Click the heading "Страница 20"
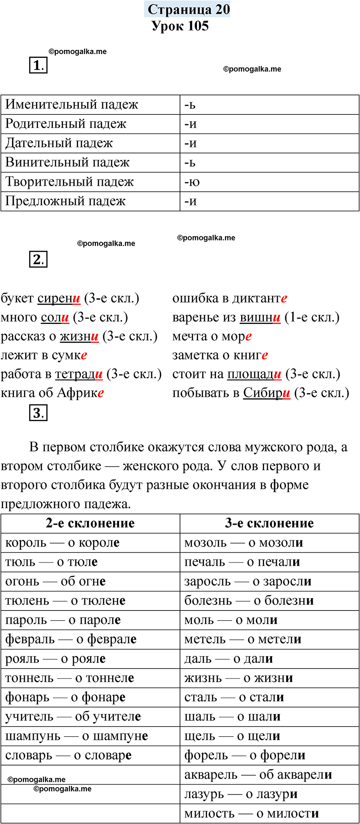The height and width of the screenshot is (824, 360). pyautogui.click(x=188, y=9)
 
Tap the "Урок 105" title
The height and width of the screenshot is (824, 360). pyautogui.click(x=180, y=26)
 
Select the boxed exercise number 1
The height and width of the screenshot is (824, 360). pyautogui.click(x=38, y=65)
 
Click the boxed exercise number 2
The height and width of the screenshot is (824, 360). pyautogui.click(x=38, y=259)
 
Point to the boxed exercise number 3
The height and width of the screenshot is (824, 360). pyautogui.click(x=38, y=413)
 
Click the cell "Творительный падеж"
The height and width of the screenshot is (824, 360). pyautogui.click(x=69, y=182)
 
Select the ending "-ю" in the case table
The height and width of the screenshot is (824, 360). pyautogui.click(x=192, y=182)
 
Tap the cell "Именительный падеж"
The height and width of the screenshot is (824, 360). pyautogui.click(x=72, y=105)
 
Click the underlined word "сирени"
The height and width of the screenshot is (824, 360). pyautogui.click(x=59, y=298)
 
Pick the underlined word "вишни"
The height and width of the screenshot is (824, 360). pyautogui.click(x=260, y=317)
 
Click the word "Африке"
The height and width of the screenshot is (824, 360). pyautogui.click(x=80, y=393)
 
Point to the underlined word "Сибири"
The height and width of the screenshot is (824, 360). pyautogui.click(x=267, y=393)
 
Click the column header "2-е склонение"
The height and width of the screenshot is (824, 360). pyautogui.click(x=90, y=523)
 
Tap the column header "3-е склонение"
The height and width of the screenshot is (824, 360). pyautogui.click(x=269, y=523)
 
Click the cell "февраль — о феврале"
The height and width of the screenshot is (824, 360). pyautogui.click(x=71, y=639)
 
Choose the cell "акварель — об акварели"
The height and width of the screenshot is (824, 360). pyautogui.click(x=258, y=774)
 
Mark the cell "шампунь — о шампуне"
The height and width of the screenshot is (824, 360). pyautogui.click(x=76, y=736)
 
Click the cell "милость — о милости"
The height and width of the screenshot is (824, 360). pyautogui.click(x=251, y=813)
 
